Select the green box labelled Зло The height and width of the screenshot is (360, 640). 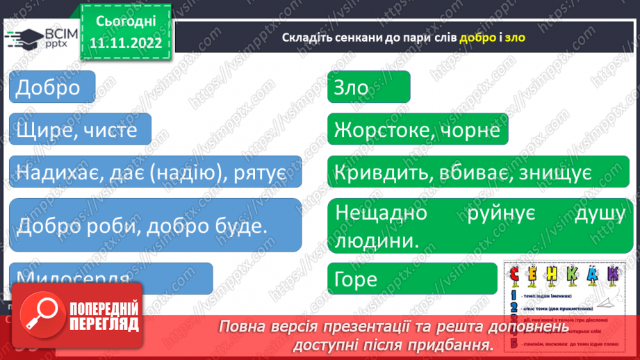pos(368,87)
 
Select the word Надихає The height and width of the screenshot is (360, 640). pos(58,172)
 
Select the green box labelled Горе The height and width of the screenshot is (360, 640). pos(413,279)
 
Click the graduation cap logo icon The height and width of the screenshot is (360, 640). pos(26,38)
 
